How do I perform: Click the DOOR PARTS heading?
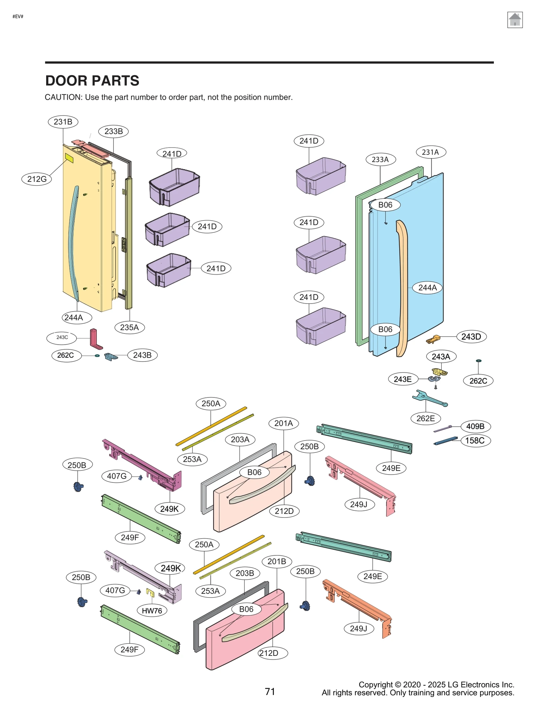pos(92,81)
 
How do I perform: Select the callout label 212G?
pos(37,179)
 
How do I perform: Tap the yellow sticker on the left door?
pos(69,158)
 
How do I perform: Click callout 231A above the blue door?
pos(430,152)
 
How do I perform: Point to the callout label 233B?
pos(113,131)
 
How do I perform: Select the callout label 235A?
pos(129,327)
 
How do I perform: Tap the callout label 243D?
pos(471,337)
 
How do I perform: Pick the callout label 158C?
pos(475,440)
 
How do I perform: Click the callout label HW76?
pos(152,610)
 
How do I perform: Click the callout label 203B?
pos(245,573)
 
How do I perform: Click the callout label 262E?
pos(425,418)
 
